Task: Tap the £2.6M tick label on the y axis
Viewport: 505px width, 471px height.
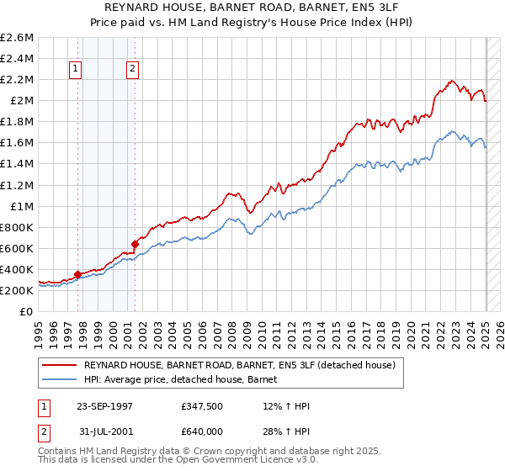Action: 17,38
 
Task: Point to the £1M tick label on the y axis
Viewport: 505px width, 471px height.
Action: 20,206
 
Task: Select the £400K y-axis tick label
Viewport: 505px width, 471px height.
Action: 17,269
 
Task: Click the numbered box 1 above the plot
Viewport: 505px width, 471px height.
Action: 76,70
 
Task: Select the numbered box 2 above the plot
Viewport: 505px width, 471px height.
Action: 133,70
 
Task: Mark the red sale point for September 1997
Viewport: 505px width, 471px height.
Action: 77,274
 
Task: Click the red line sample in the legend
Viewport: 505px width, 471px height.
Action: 59,364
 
